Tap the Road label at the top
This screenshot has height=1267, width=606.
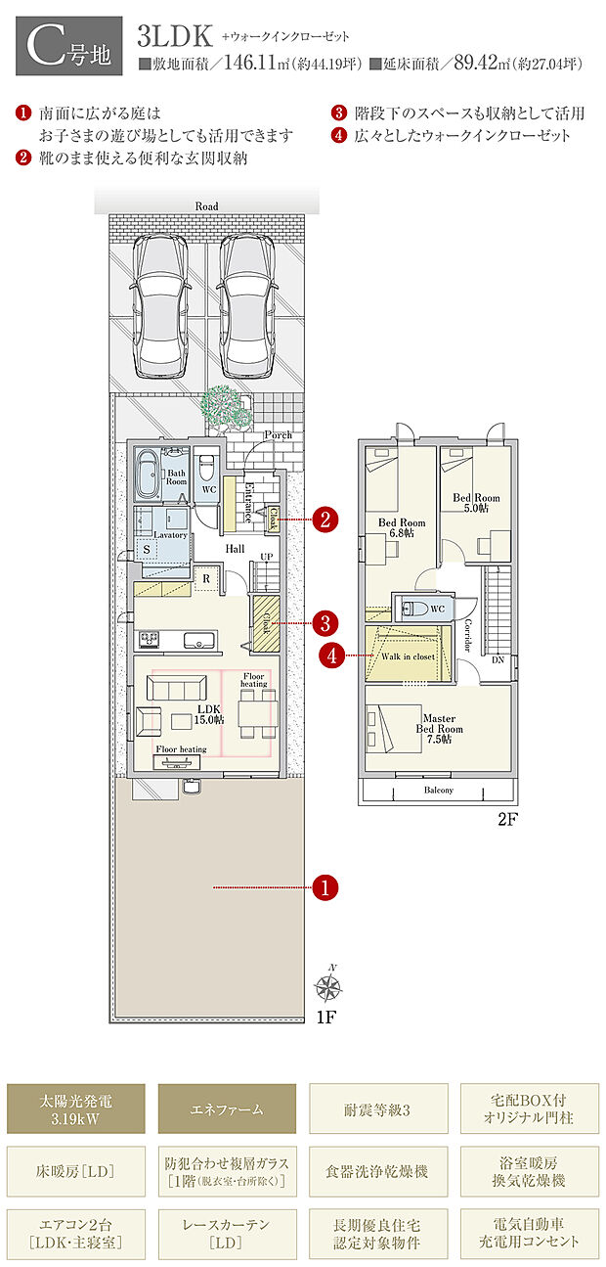pos(206,206)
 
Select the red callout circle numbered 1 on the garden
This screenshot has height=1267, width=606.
pos(325,887)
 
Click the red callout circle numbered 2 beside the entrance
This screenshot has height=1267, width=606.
pos(325,520)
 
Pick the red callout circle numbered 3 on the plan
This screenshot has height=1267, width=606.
pos(325,621)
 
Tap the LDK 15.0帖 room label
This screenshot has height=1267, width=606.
pos(208,713)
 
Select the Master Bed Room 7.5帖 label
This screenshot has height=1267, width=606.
pos(438,730)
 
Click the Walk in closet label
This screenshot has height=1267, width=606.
pos(408,656)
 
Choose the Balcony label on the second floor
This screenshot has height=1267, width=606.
pos(438,790)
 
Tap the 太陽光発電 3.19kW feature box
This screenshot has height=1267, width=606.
pos(76,1109)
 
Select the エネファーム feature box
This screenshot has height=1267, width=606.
pos(227,1109)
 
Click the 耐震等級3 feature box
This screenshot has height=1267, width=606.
pos(378,1109)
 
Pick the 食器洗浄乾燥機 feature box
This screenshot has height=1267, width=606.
pos(378,1171)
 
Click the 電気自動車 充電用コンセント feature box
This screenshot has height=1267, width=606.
pos(529,1234)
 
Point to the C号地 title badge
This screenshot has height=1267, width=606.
pos(69,46)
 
